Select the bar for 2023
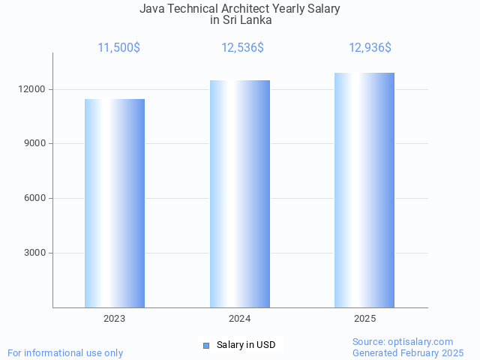115,203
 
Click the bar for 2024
240,193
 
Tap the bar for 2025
364,190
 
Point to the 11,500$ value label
118,48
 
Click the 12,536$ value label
242,48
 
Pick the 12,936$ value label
370,48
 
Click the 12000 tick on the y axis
34,89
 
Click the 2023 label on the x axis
115,319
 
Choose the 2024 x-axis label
240,319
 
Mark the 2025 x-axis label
365,319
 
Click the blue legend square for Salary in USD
206,345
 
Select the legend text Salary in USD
246,345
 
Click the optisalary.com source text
403,341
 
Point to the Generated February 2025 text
408,352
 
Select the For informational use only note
65,352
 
